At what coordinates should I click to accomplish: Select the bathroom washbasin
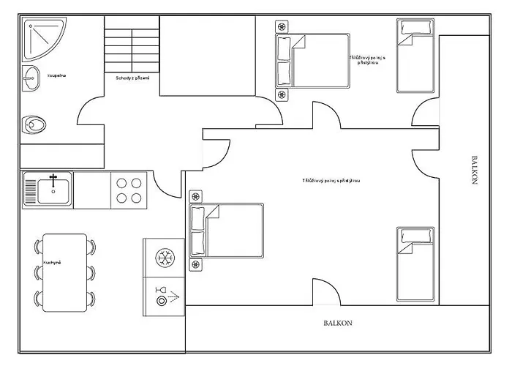coord(31,78)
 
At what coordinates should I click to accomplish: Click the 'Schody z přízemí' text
coord(132,78)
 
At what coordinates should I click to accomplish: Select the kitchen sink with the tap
coord(48,189)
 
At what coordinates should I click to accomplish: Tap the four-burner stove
coord(129,190)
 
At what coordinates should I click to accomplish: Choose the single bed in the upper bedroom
coord(415,56)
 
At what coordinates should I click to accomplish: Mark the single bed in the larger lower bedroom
coord(415,264)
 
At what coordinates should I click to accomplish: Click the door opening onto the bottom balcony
coord(325,293)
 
